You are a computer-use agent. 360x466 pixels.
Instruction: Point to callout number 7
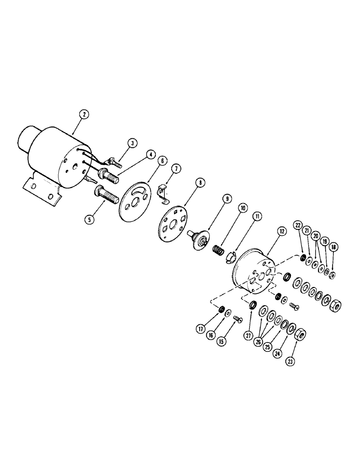click(x=176, y=167)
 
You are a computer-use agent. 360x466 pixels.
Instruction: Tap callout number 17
click(x=201, y=329)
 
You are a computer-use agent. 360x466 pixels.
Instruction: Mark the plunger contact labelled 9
click(x=200, y=239)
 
